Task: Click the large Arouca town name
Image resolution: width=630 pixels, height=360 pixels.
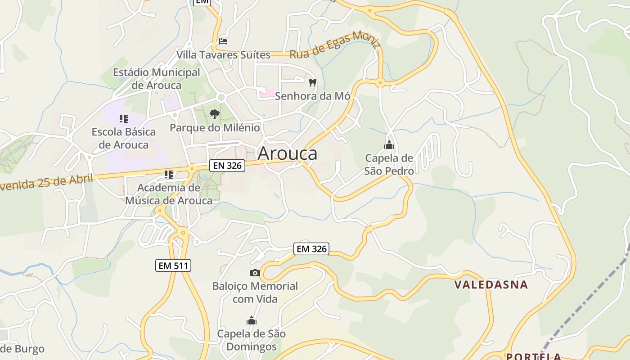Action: click(x=287, y=153)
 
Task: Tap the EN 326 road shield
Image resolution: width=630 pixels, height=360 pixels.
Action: click(x=228, y=166)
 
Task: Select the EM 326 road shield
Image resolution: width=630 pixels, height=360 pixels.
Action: click(x=311, y=248)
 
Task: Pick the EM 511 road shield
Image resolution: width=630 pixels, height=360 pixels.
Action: click(x=174, y=265)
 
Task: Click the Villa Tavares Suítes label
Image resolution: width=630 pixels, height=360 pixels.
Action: click(x=223, y=55)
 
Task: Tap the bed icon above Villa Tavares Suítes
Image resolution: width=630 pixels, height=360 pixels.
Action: click(x=223, y=41)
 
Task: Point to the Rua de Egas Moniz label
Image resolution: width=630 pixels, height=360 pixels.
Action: click(x=335, y=45)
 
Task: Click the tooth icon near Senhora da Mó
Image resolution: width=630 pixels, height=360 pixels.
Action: click(x=313, y=83)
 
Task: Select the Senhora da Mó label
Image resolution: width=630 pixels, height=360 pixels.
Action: click(x=312, y=96)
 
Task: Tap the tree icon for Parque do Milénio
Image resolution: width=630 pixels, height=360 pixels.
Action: click(x=215, y=114)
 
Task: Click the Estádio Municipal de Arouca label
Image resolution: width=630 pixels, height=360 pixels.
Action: click(x=156, y=79)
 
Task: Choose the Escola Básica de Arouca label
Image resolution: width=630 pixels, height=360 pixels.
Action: click(x=124, y=138)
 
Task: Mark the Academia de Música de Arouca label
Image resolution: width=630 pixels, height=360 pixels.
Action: click(x=169, y=194)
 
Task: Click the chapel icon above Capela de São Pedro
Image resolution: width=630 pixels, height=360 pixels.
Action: click(x=389, y=145)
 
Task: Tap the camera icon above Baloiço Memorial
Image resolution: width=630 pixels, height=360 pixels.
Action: click(x=255, y=273)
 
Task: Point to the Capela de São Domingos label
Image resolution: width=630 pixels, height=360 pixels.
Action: click(x=251, y=340)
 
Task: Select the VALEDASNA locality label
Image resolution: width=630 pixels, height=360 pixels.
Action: click(x=491, y=284)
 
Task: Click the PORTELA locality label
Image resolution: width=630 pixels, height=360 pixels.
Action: click(x=534, y=356)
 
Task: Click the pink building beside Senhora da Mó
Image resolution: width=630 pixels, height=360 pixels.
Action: click(x=267, y=93)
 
